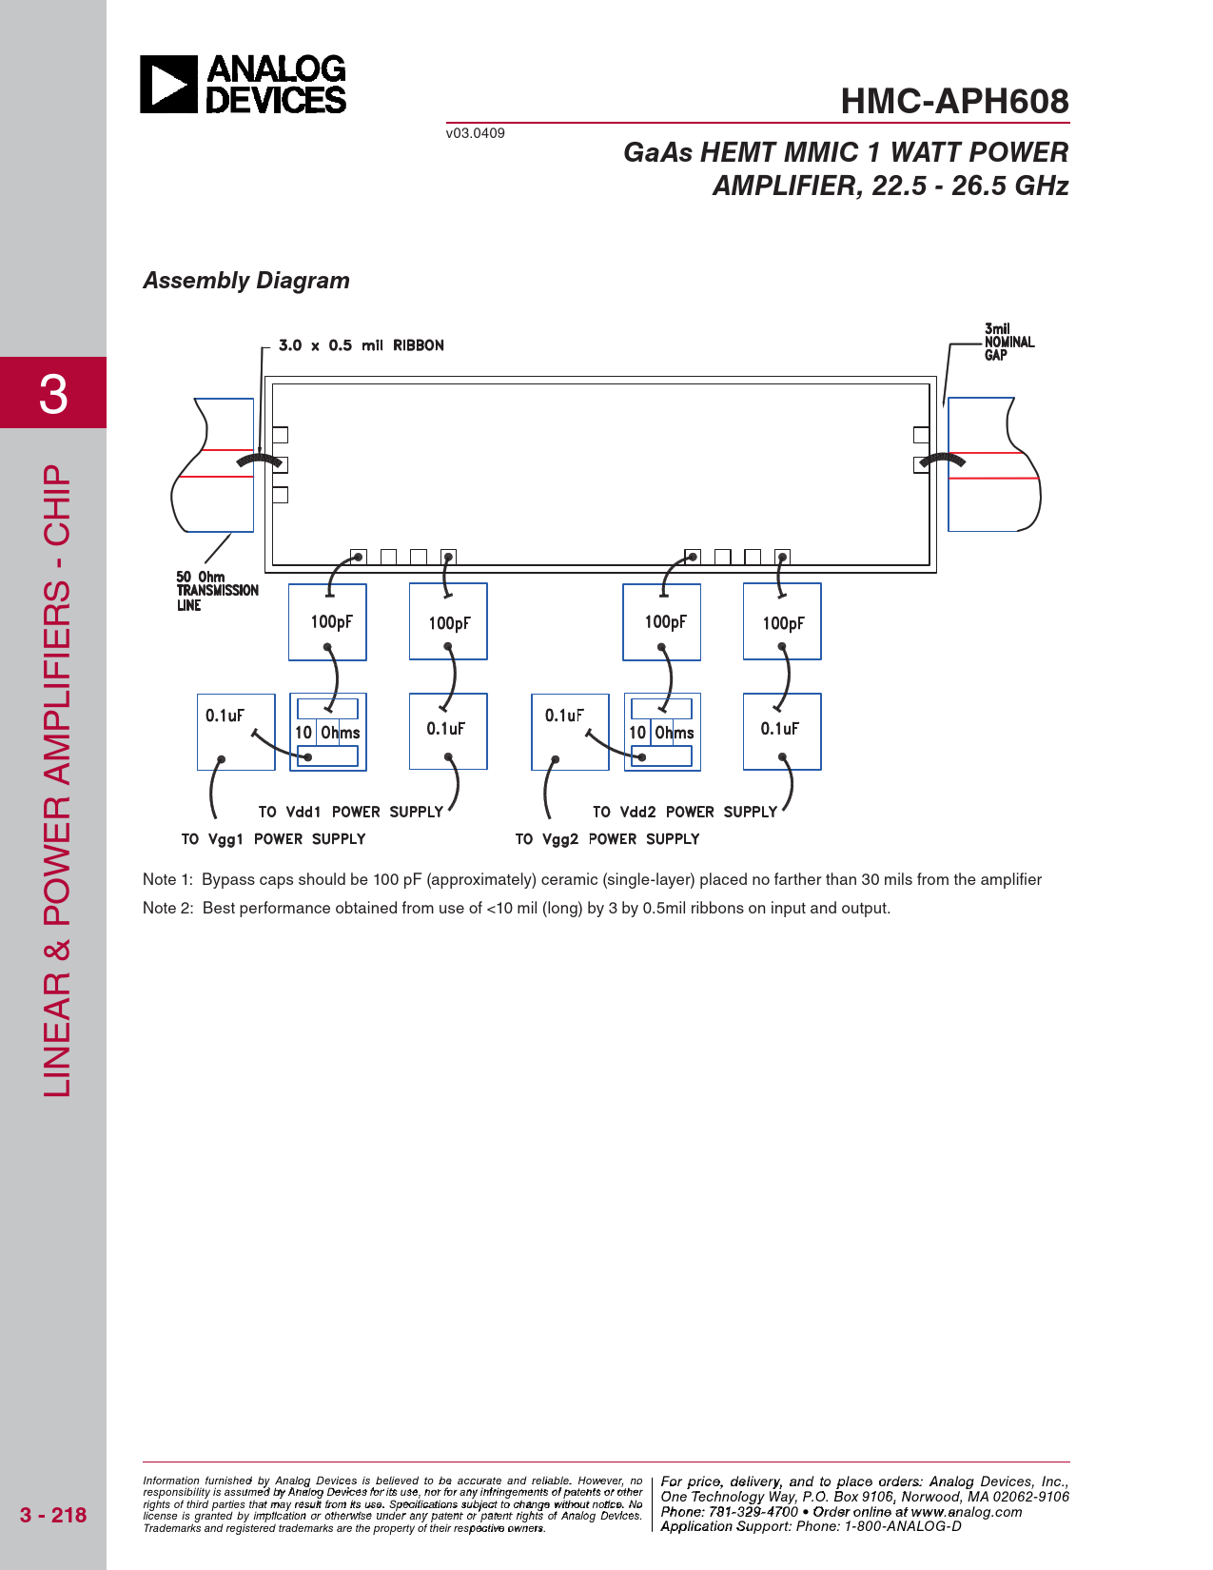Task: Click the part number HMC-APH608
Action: [954, 102]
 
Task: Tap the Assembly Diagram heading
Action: [246, 281]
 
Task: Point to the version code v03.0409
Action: [475, 133]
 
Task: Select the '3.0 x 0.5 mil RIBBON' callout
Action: [361, 345]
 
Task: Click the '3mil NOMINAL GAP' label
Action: [1008, 342]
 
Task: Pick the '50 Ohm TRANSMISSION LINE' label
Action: [217, 591]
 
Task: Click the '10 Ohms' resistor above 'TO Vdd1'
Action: [327, 732]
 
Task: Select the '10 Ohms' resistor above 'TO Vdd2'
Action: [661, 732]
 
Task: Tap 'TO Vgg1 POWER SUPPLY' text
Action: [273, 839]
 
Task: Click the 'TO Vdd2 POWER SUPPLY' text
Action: [684, 812]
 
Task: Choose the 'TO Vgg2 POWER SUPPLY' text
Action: [607, 839]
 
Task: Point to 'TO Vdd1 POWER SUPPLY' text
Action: [350, 812]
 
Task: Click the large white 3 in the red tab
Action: [53, 393]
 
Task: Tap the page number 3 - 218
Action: [53, 1515]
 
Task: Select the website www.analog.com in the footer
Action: [967, 1512]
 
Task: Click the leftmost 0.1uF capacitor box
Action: [236, 732]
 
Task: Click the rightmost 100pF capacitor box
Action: [782, 621]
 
